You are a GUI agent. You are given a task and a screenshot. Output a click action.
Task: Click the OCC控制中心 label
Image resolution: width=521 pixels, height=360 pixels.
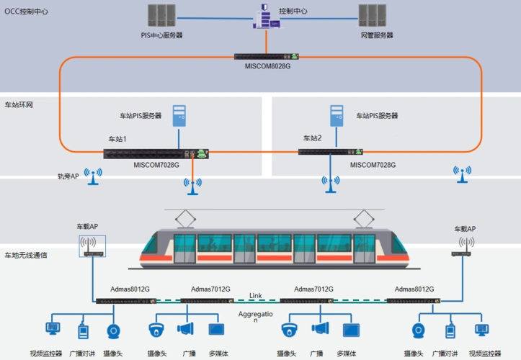[27, 13]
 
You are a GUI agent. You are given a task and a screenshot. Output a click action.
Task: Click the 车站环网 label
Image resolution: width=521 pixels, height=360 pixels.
[19, 104]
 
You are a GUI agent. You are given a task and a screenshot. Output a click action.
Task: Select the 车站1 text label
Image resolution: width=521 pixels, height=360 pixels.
[117, 139]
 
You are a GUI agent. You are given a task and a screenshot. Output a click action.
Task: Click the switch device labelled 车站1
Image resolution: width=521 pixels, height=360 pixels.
[156, 153]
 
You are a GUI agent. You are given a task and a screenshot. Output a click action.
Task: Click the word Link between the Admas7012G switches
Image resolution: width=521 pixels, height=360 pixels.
[255, 295]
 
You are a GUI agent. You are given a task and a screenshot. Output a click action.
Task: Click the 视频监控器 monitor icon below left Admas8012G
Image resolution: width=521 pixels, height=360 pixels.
[53, 330]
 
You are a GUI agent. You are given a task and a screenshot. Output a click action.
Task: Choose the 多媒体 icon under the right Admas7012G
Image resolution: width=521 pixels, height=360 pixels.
[350, 330]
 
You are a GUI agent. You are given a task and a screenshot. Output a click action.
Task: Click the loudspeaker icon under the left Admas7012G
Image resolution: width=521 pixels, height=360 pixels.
[186, 330]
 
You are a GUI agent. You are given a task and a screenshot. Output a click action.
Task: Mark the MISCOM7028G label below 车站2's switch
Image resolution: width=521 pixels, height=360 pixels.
[373, 165]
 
